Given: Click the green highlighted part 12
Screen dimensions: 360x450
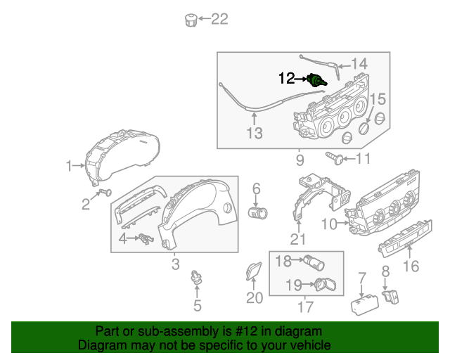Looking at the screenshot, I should pyautogui.click(x=319, y=80).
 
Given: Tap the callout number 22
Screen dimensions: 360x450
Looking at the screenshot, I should pyautogui.click(x=219, y=19).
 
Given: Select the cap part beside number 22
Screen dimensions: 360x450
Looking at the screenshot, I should pyautogui.click(x=189, y=19).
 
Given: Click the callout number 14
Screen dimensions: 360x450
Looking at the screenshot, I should pyautogui.click(x=359, y=64).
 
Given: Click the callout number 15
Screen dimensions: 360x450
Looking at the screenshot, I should pyautogui.click(x=378, y=99).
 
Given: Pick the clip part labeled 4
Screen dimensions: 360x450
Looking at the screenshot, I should pyautogui.click(x=146, y=239).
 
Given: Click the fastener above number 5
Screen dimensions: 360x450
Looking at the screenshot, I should pyautogui.click(x=197, y=281).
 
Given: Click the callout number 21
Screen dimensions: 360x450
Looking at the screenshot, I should pyautogui.click(x=298, y=240).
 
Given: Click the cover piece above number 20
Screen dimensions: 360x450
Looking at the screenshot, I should pyautogui.click(x=253, y=271).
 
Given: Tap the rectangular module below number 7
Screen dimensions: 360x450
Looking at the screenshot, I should pyautogui.click(x=364, y=304).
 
